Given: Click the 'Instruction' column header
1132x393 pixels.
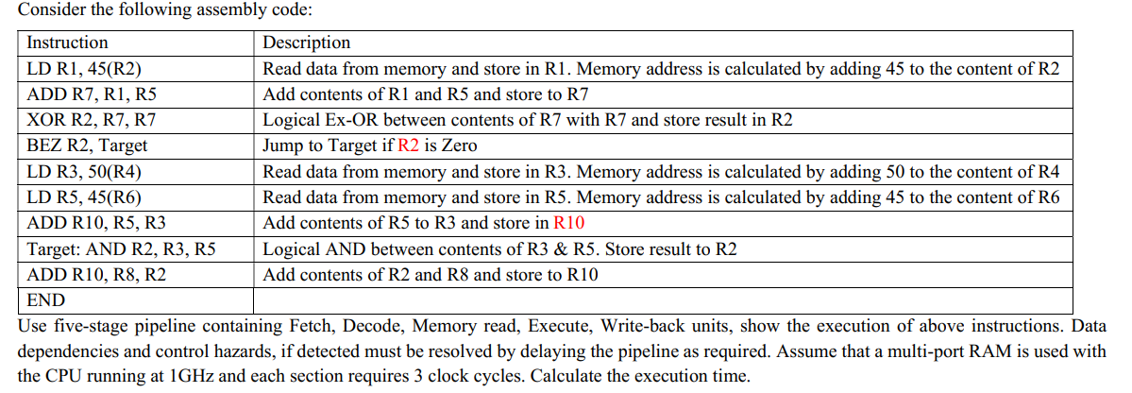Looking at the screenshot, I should [67, 43].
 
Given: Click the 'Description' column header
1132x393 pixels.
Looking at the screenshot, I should [306, 43].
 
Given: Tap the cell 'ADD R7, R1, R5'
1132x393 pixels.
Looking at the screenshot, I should [92, 94].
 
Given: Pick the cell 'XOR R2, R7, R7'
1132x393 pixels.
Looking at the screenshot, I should [93, 120].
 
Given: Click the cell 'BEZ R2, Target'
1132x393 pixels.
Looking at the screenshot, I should [88, 145].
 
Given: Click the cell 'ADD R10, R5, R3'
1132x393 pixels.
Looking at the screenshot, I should [96, 224].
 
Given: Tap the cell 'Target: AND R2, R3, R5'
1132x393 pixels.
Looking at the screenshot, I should [121, 249].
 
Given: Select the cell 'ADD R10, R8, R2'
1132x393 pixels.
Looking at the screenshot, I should [96, 275].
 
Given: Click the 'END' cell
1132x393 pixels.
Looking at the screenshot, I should [46, 300].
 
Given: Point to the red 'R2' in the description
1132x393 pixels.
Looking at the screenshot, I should [410, 145].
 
